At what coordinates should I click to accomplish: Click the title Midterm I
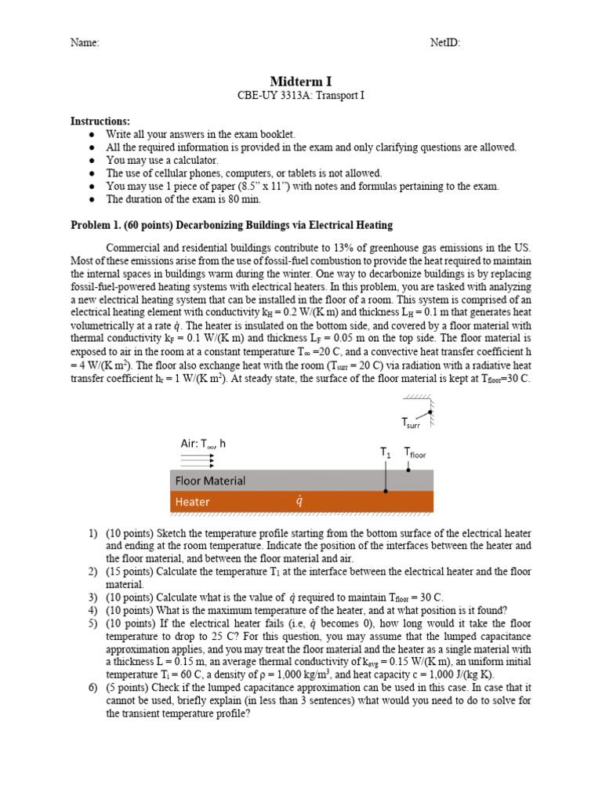[301, 82]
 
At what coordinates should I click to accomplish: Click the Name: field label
[85, 43]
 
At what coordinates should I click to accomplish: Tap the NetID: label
[445, 43]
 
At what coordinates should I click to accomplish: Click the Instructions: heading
[100, 122]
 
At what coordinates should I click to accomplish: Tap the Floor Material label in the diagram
[210, 481]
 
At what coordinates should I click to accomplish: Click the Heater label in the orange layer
[192, 502]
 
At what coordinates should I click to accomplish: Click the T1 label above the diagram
[386, 452]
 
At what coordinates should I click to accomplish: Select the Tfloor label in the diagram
[415, 452]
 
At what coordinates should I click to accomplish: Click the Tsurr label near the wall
[411, 423]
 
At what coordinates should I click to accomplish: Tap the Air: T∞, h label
[203, 443]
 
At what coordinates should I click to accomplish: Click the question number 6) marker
[92, 686]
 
